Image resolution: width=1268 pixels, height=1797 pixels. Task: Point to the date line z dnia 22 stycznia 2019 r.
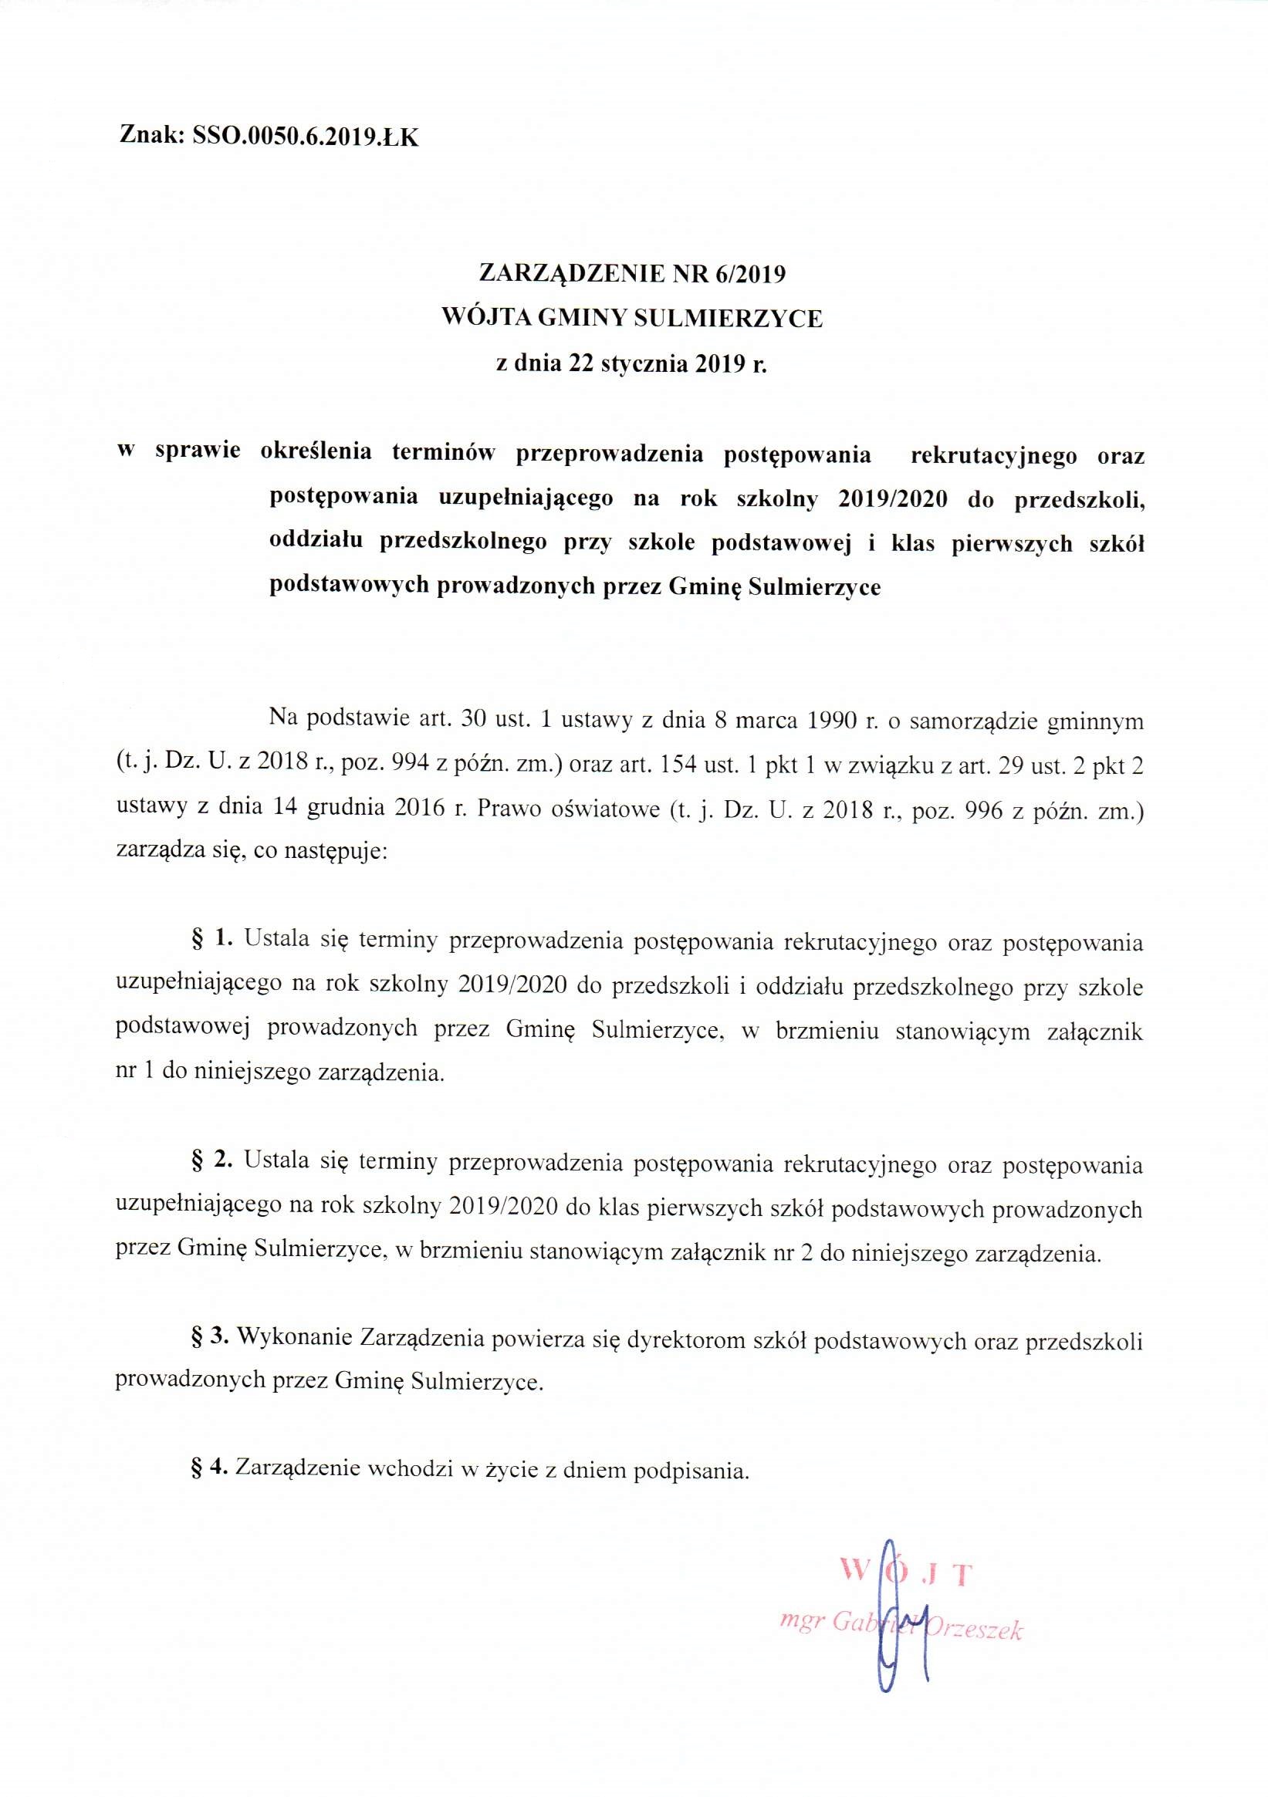pyautogui.click(x=632, y=364)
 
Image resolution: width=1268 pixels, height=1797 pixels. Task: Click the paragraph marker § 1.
pyautogui.click(x=213, y=938)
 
